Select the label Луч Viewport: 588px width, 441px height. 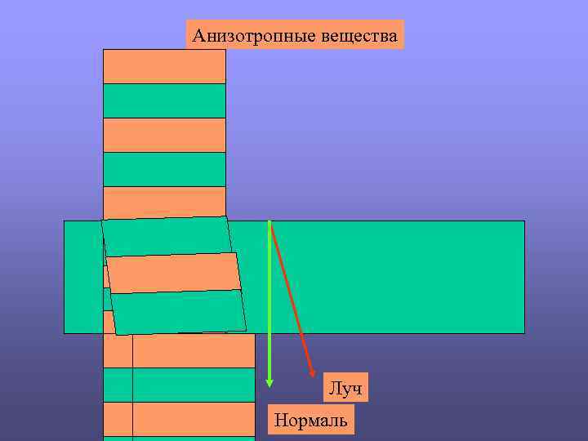(345, 389)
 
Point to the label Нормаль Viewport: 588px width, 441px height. (311, 421)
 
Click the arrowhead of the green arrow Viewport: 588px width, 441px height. (269, 381)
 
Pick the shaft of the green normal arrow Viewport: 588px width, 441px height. (269, 302)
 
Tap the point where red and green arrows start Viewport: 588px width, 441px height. (269, 221)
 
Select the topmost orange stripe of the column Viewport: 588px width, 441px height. (164, 66)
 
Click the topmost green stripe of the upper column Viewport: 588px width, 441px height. (164, 100)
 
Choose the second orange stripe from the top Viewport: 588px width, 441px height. (164, 135)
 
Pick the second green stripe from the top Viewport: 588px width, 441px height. (164, 169)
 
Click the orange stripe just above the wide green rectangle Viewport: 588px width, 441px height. (164, 202)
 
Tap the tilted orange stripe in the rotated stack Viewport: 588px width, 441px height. (174, 274)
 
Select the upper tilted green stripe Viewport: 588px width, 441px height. (167, 237)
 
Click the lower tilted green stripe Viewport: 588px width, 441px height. (179, 312)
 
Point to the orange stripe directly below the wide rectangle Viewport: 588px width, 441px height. (194, 350)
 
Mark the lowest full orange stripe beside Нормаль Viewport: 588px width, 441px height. (194, 419)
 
